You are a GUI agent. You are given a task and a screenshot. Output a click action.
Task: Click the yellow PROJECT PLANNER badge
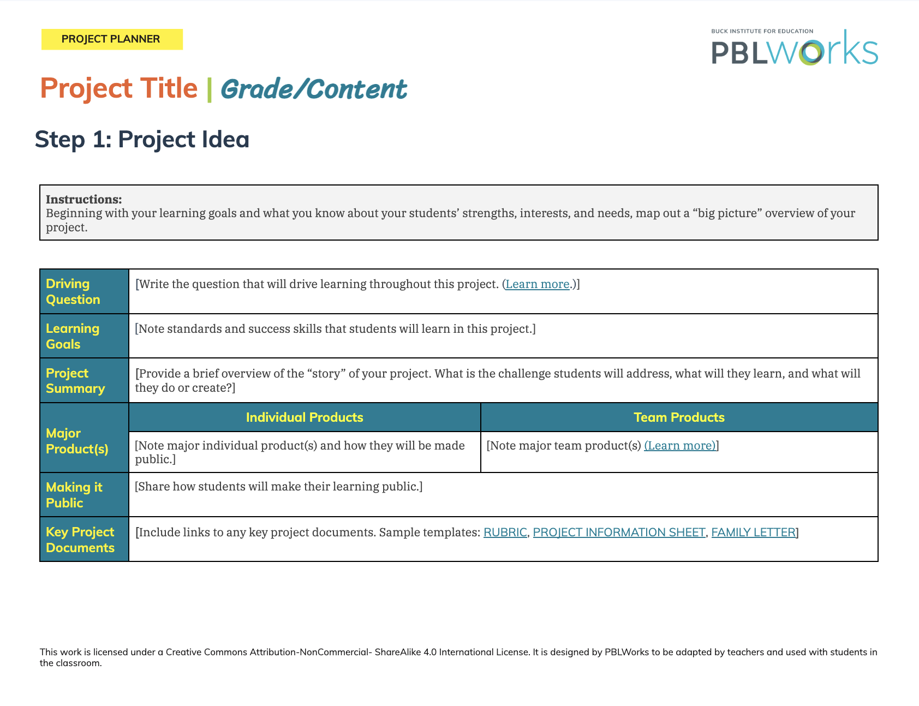(x=112, y=39)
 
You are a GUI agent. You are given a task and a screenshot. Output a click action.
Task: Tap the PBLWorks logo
(x=795, y=47)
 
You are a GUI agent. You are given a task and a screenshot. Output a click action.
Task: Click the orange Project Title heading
(x=119, y=89)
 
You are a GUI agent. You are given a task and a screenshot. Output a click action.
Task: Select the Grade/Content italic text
(x=314, y=89)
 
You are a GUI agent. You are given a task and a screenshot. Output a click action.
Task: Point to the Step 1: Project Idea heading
(x=142, y=139)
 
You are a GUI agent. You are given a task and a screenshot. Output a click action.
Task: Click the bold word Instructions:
(x=84, y=199)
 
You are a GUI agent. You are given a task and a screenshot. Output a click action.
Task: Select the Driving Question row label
(x=73, y=291)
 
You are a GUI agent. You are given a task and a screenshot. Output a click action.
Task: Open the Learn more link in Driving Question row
(x=538, y=284)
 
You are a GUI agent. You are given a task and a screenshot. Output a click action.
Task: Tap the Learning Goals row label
(x=73, y=336)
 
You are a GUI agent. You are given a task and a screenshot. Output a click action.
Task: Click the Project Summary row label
(x=75, y=381)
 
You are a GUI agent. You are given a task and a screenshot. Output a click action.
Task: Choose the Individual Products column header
(x=305, y=417)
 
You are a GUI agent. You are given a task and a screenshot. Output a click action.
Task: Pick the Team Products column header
(x=679, y=417)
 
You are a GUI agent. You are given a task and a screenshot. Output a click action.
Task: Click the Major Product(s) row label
(x=77, y=441)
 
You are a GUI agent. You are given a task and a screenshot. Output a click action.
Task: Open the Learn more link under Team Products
(x=680, y=446)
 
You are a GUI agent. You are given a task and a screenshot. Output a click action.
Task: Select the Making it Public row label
(x=74, y=495)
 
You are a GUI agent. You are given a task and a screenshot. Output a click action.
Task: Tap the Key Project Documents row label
(x=80, y=540)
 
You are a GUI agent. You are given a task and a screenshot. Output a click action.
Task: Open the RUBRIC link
(x=505, y=533)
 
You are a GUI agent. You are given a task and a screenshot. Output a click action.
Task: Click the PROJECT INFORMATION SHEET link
(x=619, y=533)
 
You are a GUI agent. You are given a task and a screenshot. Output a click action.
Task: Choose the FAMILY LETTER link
(x=753, y=533)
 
